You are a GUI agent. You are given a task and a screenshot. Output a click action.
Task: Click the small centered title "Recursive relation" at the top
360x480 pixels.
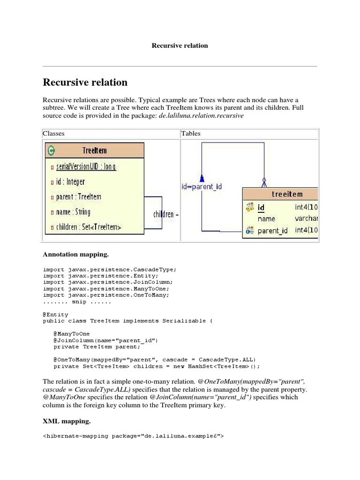(180, 45)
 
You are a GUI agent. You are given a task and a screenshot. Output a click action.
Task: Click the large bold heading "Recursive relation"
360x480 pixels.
(85, 82)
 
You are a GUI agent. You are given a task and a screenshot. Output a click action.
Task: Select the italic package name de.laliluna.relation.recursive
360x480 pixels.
(201, 115)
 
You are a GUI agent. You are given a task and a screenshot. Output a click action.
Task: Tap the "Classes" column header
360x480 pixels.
(53, 134)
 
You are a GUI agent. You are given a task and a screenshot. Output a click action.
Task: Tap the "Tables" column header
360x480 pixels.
(191, 134)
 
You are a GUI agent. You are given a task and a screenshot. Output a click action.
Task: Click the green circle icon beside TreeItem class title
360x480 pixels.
(51, 150)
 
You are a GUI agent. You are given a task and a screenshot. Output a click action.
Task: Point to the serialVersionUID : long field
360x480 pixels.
(85, 166)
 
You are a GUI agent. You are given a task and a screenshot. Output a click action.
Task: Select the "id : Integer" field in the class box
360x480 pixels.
(70, 181)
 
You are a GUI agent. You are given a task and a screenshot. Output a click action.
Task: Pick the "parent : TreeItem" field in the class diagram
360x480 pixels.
(78, 197)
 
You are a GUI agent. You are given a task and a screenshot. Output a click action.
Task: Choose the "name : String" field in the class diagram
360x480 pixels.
(73, 212)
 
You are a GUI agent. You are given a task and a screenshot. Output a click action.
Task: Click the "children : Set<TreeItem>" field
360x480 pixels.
(88, 227)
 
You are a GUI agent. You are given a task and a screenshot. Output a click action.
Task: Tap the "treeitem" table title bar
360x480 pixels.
(287, 194)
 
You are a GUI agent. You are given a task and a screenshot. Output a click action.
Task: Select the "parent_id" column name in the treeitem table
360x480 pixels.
(272, 231)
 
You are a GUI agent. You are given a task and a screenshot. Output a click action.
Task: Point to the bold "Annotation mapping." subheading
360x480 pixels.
(75, 255)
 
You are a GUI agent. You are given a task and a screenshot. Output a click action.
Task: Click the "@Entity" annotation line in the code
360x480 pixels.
(55, 315)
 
